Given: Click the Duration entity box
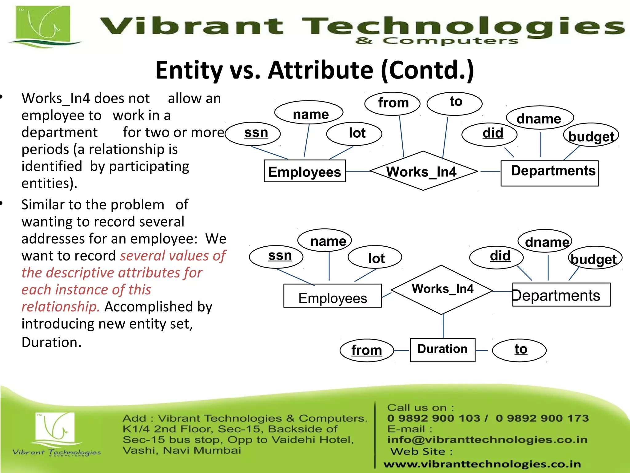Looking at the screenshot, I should (x=442, y=350).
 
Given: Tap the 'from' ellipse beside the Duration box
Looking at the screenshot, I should (x=366, y=350).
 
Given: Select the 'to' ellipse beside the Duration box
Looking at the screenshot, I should (x=519, y=350).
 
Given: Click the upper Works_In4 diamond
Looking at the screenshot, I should (x=423, y=171).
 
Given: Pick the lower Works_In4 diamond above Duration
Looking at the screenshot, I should (x=442, y=289).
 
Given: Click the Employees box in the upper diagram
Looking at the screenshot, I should (x=305, y=171).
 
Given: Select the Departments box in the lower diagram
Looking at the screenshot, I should (x=561, y=295).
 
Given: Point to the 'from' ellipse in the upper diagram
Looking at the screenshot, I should (x=392, y=103).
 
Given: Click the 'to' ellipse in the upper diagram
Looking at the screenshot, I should (x=454, y=103).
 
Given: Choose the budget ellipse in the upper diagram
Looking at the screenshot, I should (x=591, y=135).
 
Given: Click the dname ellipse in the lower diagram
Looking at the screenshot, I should (x=545, y=241).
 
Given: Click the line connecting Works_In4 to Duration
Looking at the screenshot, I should (x=443, y=326).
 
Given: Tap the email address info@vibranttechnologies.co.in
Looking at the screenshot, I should (x=487, y=440).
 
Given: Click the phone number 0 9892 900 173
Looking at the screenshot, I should (x=542, y=418).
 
